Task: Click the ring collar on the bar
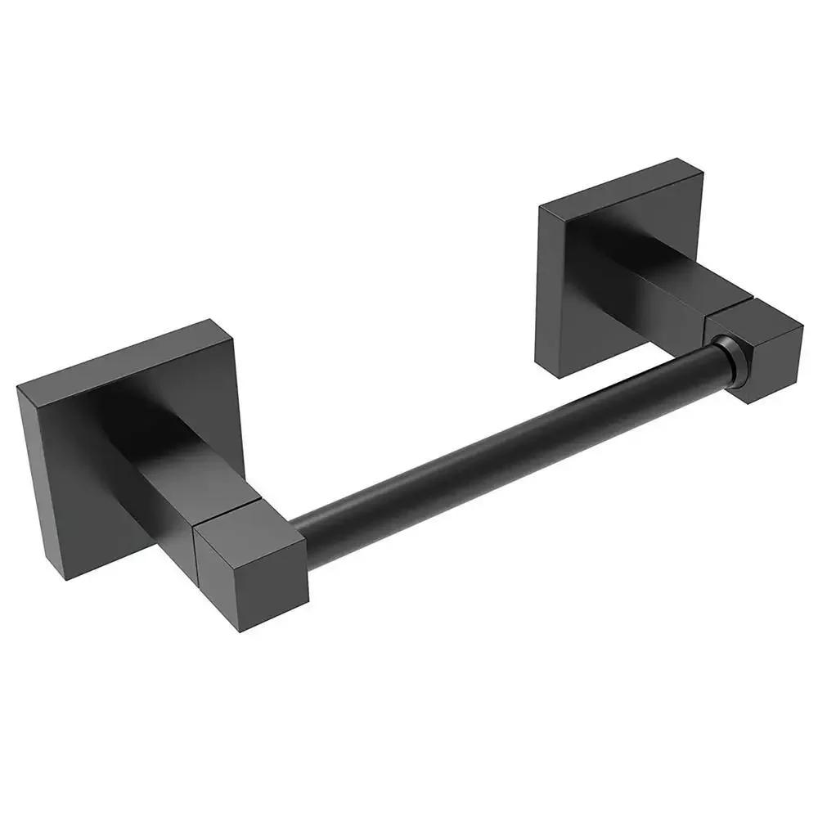(730, 360)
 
